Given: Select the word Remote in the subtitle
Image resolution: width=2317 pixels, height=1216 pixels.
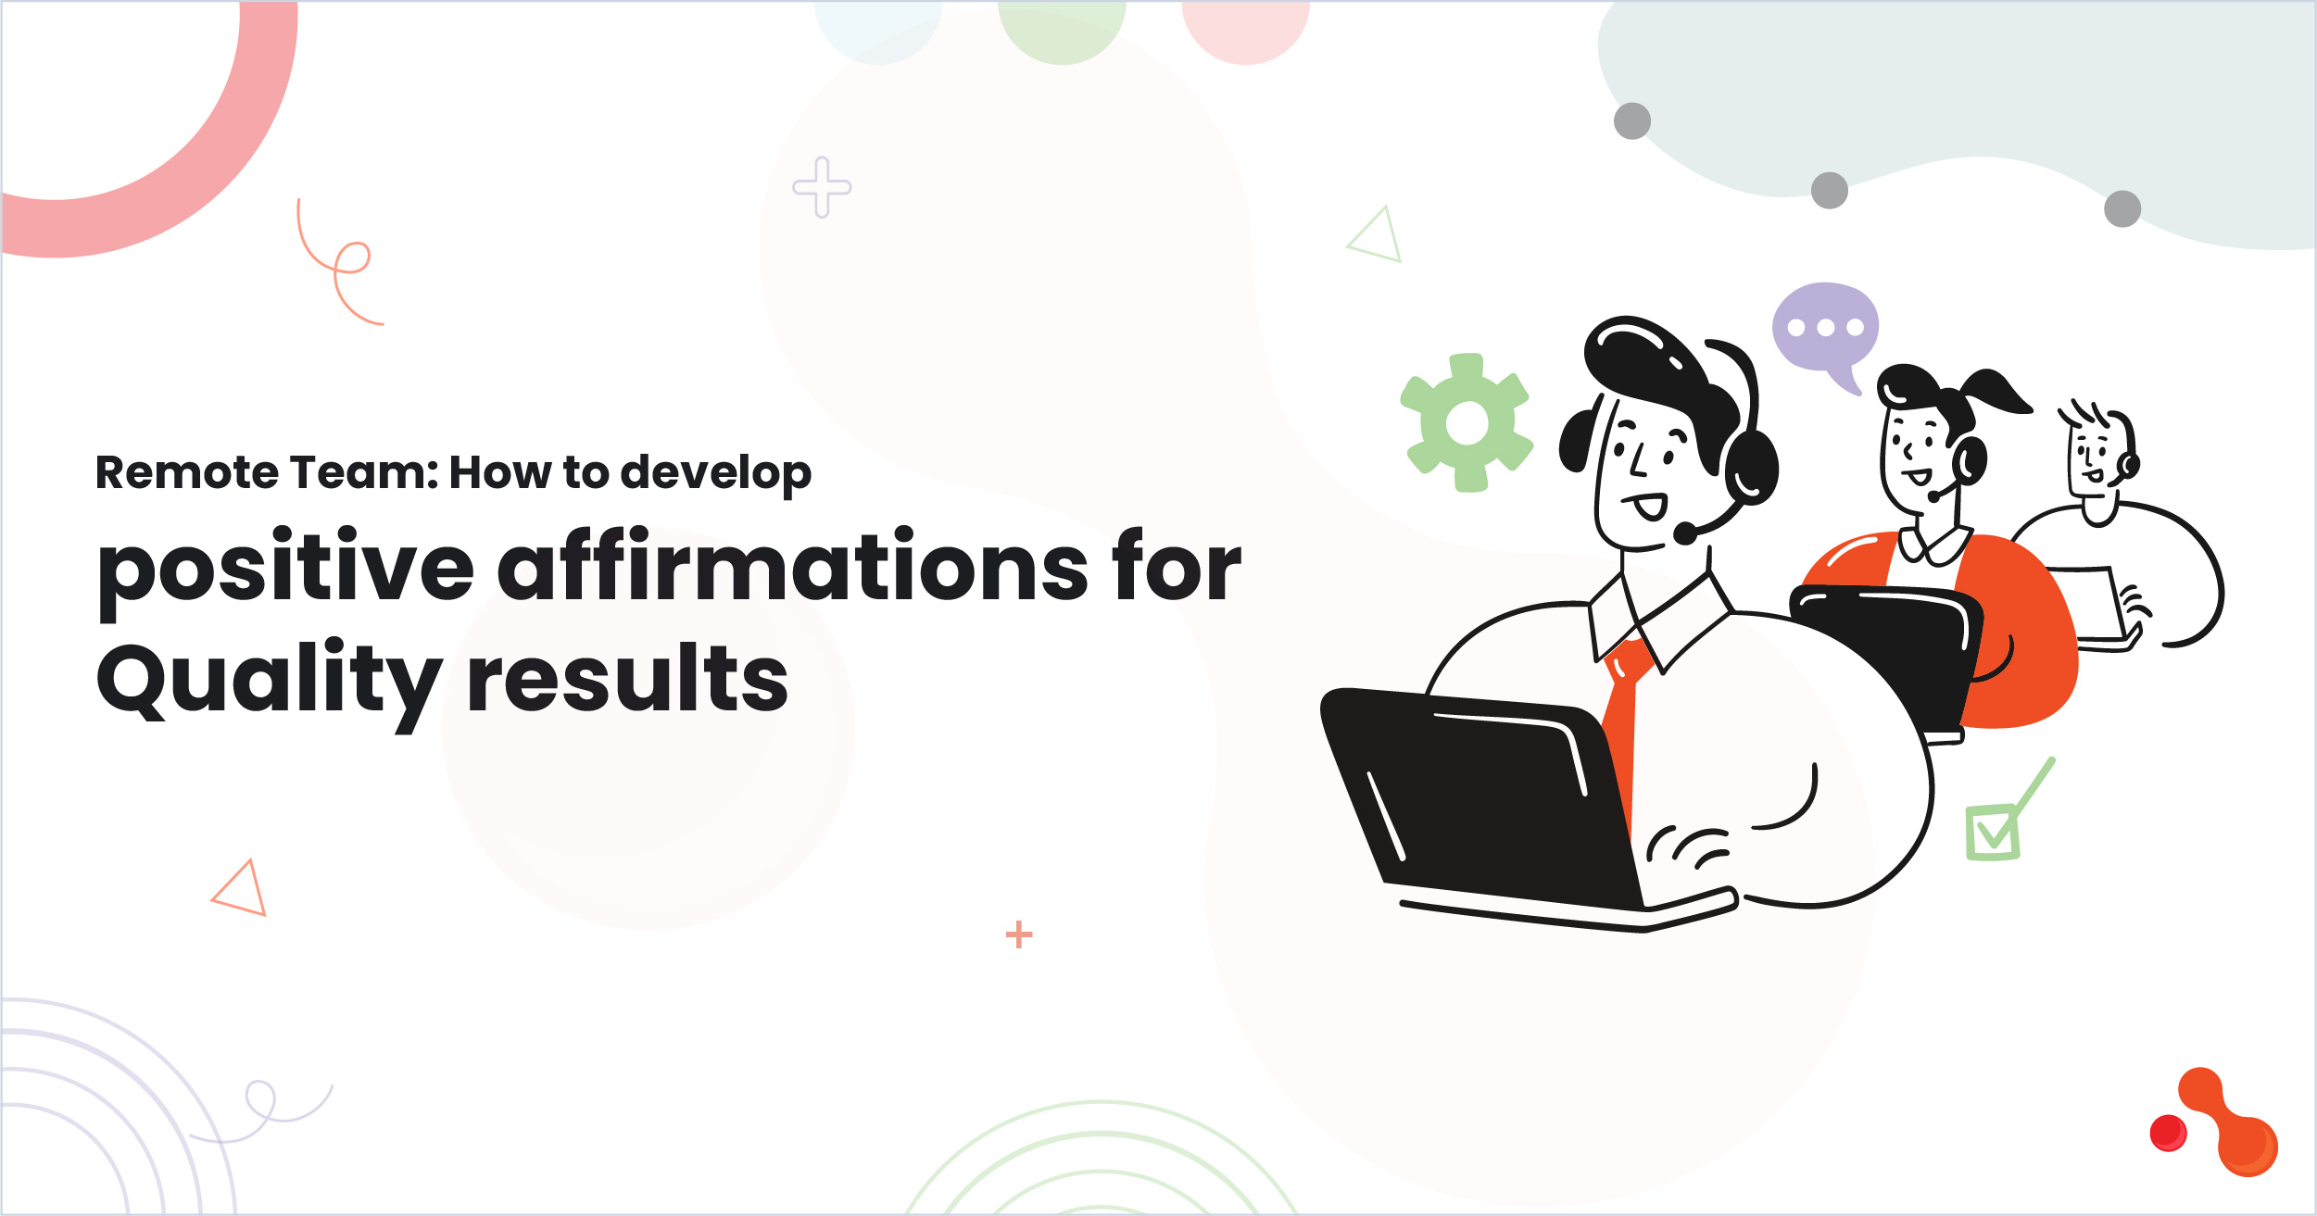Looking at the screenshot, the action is [x=185, y=472].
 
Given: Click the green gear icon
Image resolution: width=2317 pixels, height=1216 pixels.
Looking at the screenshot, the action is [x=1467, y=422].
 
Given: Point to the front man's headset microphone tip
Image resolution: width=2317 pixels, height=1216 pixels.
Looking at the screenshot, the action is [x=1685, y=533].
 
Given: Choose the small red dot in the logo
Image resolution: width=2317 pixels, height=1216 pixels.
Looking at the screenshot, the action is [x=2168, y=1133].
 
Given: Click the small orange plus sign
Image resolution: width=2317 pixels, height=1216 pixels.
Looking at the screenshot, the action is [x=1019, y=934].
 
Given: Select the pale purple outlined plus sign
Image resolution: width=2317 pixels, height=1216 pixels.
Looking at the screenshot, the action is [x=822, y=187].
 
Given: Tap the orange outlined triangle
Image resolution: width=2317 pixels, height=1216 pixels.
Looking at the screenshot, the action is [x=241, y=889].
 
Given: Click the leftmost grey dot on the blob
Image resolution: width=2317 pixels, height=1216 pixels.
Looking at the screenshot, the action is [x=1632, y=120].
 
